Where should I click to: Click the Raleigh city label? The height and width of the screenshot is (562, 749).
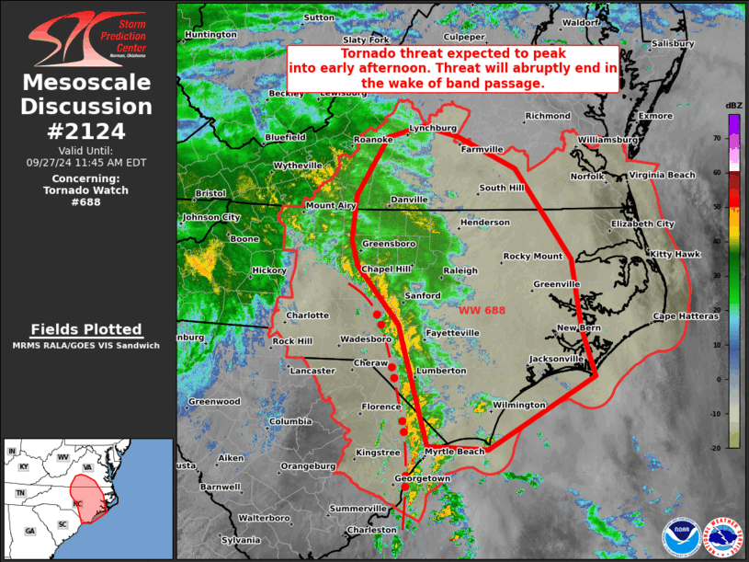460,270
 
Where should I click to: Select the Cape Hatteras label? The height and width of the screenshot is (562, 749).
686,315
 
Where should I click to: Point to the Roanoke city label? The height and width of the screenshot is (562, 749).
373,140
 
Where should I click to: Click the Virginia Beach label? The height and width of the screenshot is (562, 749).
662,175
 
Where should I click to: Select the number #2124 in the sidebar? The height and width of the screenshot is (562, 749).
85,131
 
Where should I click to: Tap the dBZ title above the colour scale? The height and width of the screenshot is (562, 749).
733,107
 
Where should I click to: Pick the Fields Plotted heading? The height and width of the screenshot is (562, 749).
85,329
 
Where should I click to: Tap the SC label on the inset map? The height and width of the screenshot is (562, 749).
63,524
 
